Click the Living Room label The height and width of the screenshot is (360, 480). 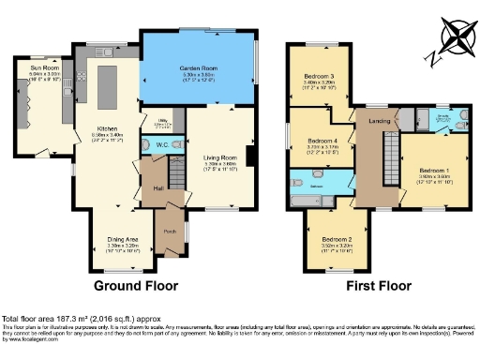[221, 158]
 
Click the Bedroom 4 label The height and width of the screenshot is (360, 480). [322, 142]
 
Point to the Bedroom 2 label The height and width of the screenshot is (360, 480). [333, 240]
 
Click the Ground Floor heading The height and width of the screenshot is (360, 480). [139, 284]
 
